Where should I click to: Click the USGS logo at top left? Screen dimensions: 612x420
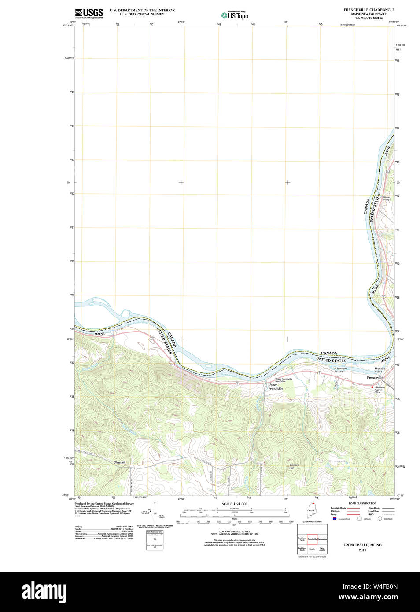coord(89,13)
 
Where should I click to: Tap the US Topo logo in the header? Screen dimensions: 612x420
coord(235,15)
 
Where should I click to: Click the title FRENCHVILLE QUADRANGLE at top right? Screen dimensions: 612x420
coord(369,10)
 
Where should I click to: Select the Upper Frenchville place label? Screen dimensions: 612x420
coord(276,387)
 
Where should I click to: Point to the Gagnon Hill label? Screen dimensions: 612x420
coord(294,466)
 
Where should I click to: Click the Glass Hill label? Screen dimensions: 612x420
coord(119,462)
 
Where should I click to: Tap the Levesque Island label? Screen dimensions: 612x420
coord(341,370)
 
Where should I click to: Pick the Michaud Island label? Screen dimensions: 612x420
coord(379,370)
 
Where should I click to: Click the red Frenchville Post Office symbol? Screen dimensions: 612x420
coord(372,387)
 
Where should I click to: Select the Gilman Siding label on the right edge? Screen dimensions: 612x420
coord(386,198)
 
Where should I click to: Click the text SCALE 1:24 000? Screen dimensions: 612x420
coord(234,504)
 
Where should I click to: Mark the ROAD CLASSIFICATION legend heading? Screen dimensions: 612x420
coord(362,503)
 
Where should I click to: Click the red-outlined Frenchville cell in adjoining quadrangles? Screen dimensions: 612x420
coord(312,539)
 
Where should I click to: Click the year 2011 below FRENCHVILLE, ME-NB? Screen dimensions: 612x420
coord(362,550)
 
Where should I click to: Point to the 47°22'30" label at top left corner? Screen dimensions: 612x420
coord(67,26)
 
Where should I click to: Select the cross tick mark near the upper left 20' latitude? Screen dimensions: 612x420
coord(181,182)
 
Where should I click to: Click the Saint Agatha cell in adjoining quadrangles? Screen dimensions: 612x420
coord(322,549)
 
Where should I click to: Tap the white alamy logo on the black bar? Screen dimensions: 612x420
coord(44,592)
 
